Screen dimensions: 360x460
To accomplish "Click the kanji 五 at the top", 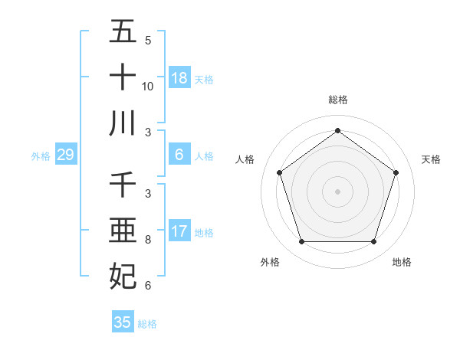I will [123, 32].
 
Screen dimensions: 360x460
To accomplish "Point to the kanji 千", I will [123, 185].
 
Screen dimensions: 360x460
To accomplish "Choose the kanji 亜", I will [123, 231].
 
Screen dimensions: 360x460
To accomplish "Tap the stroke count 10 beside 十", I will [148, 87].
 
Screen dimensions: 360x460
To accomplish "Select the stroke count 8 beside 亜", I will [148, 240].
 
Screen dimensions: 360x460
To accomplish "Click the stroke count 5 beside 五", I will [148, 41].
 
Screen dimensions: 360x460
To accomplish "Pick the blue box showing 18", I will [179, 78].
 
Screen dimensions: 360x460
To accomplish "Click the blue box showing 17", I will [179, 231].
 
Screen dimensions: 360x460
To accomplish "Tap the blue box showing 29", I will [65, 155].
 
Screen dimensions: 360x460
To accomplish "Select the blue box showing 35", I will [123, 322].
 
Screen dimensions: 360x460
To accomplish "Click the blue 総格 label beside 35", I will [147, 324].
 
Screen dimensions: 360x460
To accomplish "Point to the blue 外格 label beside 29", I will [41, 156].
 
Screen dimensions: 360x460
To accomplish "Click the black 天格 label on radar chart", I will [431, 159].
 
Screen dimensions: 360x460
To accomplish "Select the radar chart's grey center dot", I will [337, 191].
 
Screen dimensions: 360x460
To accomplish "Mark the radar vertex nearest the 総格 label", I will [337, 130].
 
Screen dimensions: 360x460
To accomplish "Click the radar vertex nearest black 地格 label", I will [373, 241].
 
